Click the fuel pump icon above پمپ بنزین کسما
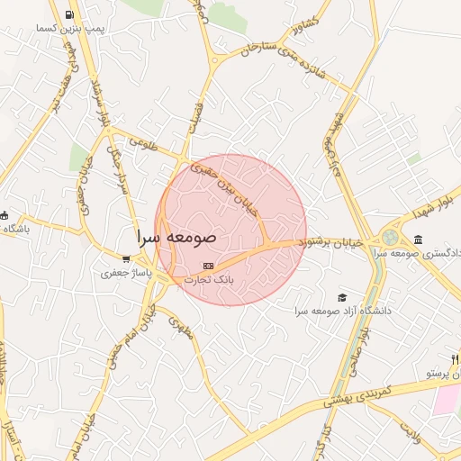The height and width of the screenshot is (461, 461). (x=70, y=15)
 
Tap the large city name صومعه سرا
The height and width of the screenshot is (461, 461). (x=176, y=238)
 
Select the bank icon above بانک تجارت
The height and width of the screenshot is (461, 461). (x=209, y=267)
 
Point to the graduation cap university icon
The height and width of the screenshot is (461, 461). (x=342, y=297)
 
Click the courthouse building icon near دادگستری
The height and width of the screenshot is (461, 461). (x=419, y=239)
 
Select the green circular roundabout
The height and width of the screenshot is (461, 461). (x=390, y=238)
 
